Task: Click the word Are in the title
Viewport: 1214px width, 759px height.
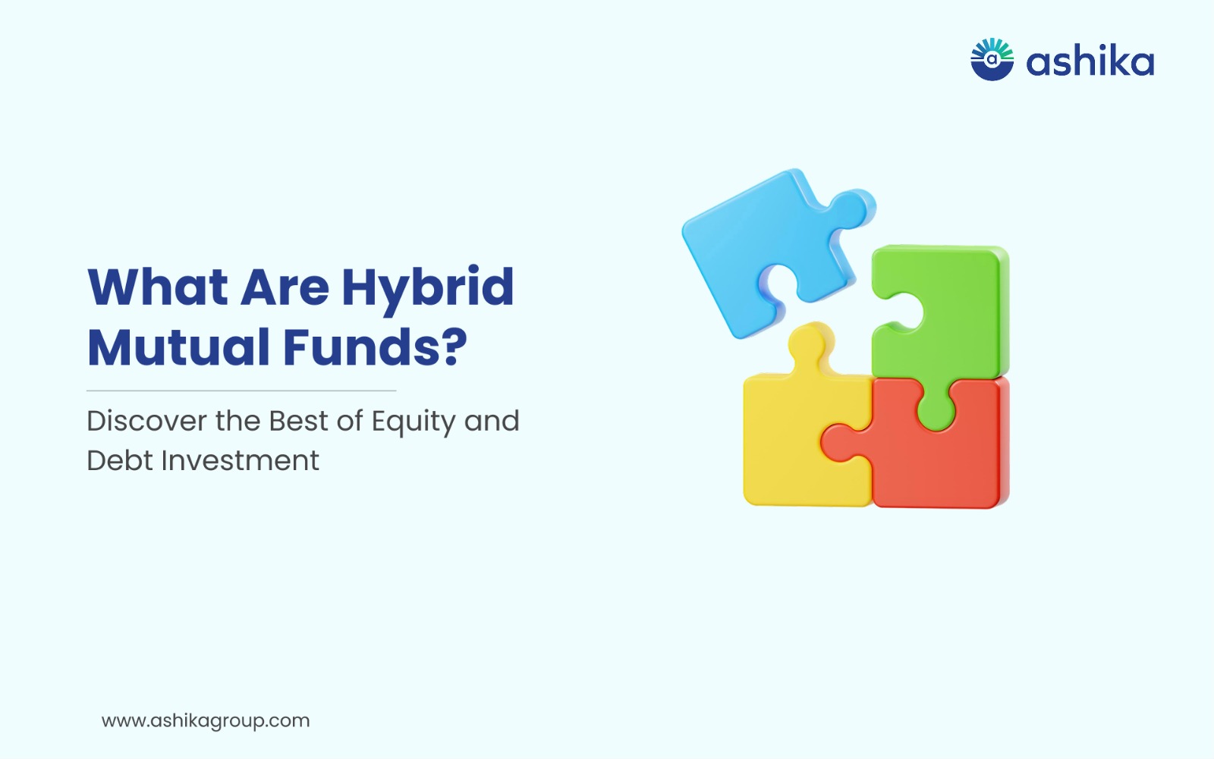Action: pyautogui.click(x=285, y=287)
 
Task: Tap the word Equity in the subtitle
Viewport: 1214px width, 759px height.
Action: pyautogui.click(x=413, y=423)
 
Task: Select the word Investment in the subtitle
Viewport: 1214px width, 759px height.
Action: pyautogui.click(x=241, y=460)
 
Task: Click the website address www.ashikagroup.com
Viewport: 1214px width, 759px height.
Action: pyautogui.click(x=206, y=721)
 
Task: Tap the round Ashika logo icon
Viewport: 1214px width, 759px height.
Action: pyautogui.click(x=992, y=60)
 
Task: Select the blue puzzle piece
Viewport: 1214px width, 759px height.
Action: pyautogui.click(x=769, y=249)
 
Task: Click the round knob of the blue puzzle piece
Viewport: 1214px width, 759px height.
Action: pyautogui.click(x=854, y=208)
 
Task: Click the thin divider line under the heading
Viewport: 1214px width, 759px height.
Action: pyautogui.click(x=241, y=390)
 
